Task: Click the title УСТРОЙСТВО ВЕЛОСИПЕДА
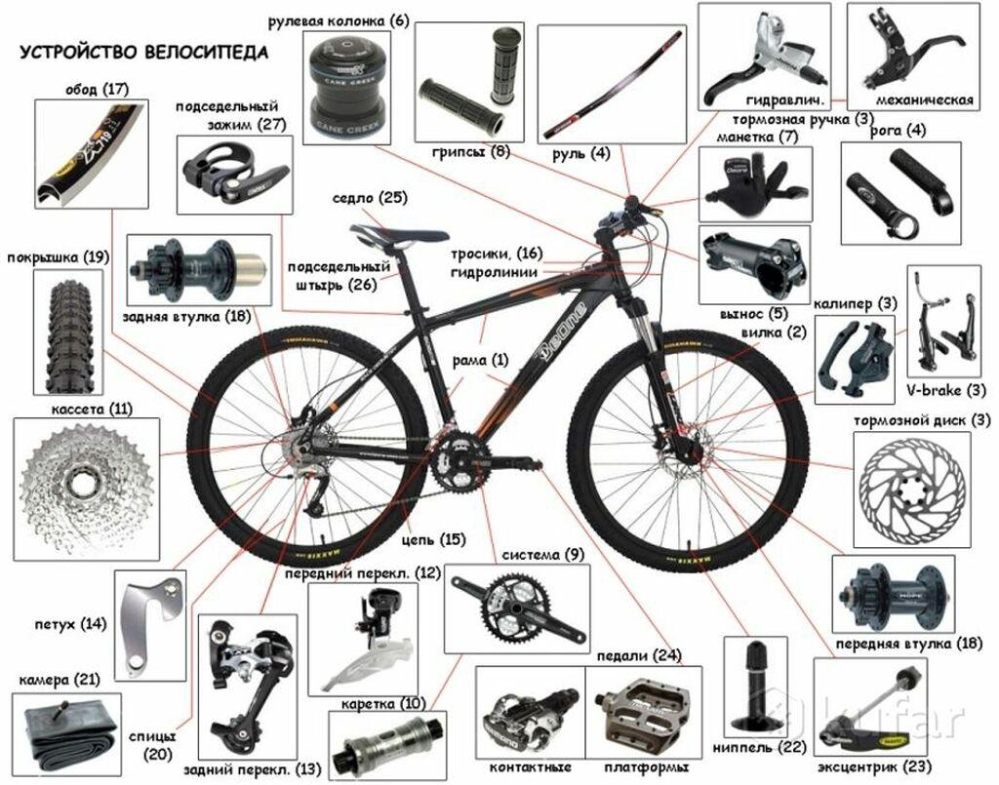(x=143, y=53)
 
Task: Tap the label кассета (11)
(x=92, y=409)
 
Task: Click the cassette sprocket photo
(x=86, y=489)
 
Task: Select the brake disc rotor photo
(x=912, y=491)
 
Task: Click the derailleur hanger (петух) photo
(x=152, y=625)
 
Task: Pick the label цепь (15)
(x=433, y=540)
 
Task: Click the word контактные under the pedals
(x=530, y=767)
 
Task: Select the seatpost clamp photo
(x=234, y=173)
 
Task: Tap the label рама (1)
(x=480, y=360)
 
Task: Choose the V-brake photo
(x=945, y=322)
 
